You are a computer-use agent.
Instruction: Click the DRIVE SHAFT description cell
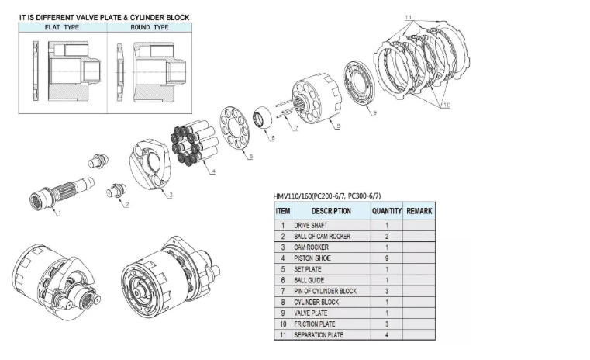coord(311,225)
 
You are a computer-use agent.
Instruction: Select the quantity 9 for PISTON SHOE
coord(386,258)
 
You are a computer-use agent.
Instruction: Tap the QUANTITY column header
coord(386,210)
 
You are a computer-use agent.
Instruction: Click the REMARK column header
coord(419,210)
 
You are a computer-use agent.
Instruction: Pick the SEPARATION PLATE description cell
coord(320,334)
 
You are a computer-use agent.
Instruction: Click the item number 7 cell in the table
coord(283,291)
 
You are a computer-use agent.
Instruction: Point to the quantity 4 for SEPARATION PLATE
coord(386,334)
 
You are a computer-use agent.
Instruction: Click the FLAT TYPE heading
coord(62,27)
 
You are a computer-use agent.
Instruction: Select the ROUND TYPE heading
coord(150,27)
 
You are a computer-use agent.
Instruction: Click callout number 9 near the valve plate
coord(374,113)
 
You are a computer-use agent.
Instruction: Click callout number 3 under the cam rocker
coord(171,194)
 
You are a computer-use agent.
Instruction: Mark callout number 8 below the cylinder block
coord(337,126)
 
